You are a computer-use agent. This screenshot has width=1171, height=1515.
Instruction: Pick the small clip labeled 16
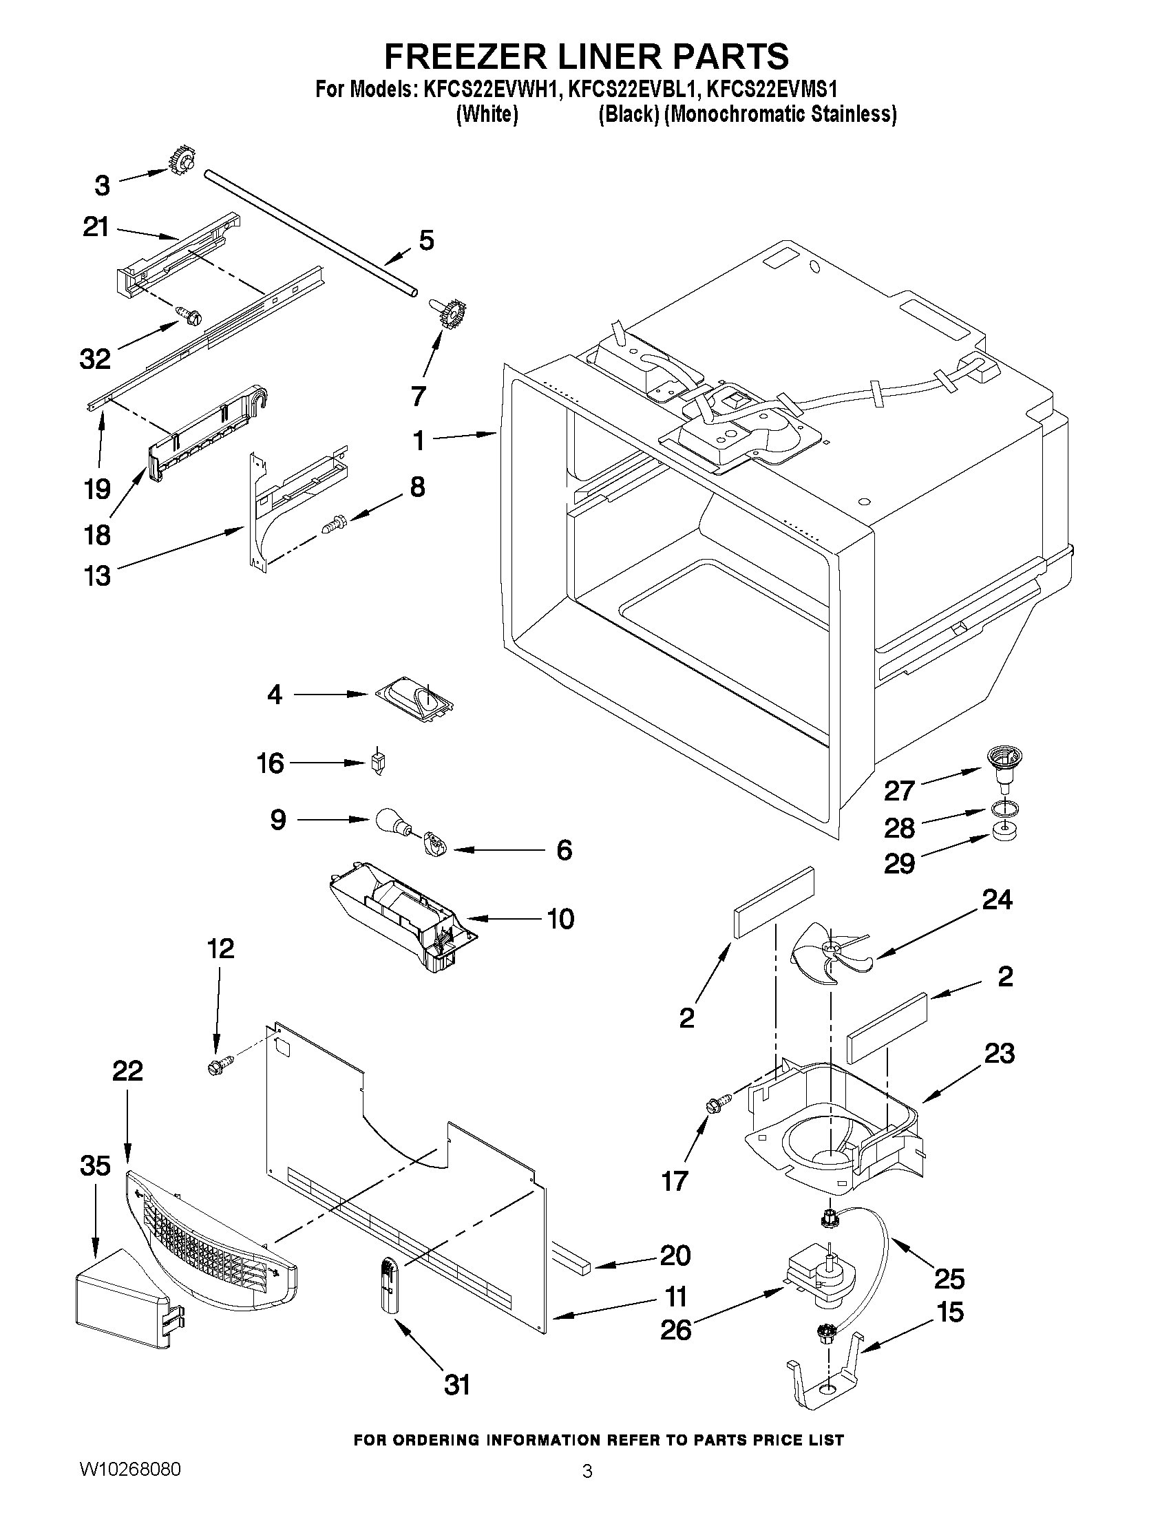pos(379,764)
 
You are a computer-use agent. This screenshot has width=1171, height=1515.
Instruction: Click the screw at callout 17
pos(718,1103)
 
